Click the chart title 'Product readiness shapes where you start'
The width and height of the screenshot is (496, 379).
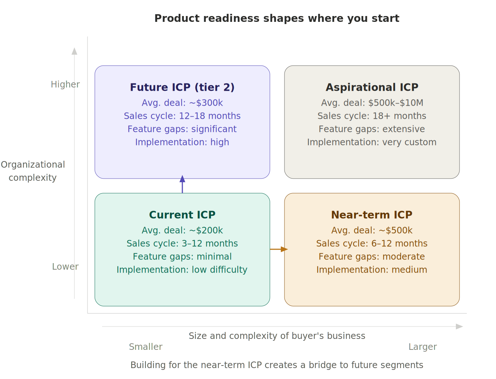coord(277,18)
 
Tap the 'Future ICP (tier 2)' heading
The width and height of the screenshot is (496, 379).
coord(182,87)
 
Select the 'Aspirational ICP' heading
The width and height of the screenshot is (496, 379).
coord(372,87)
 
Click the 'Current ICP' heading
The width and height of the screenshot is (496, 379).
coord(182,215)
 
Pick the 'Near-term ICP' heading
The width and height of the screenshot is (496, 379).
coord(372,215)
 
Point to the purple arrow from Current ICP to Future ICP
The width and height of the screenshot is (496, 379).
coord(182,185)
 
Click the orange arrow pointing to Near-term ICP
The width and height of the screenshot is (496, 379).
coord(279,249)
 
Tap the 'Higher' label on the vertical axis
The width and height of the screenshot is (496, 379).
coord(65,85)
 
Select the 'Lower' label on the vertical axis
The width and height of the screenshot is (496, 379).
coord(65,267)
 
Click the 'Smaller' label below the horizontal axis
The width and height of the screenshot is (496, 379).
coord(146,347)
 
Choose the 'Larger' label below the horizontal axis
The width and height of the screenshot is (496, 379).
coord(423,347)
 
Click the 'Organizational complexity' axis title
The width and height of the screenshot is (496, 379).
coord(33,171)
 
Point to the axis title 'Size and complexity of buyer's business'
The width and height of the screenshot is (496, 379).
coord(277,336)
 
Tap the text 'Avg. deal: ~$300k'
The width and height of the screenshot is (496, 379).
coord(182,103)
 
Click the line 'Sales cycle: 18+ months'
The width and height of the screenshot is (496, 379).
coord(372,116)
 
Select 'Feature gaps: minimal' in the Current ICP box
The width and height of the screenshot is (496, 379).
coord(182,257)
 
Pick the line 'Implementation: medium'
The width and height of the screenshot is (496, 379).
coord(372,270)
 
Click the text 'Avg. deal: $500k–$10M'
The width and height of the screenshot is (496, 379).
coord(372,103)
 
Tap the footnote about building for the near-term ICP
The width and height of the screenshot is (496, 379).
coord(277,365)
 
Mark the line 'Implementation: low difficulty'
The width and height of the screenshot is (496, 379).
coord(182,270)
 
